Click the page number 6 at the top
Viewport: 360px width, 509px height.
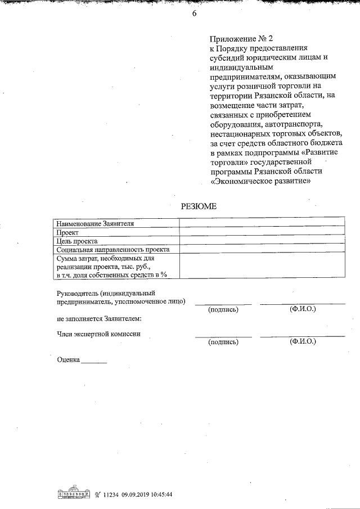pyautogui.click(x=193, y=15)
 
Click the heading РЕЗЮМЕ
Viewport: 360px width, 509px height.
pyautogui.click(x=198, y=206)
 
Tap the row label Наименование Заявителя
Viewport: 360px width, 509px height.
pyautogui.click(x=94, y=223)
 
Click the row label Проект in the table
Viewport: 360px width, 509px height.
pyautogui.click(x=67, y=232)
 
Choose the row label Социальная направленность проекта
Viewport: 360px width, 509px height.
pyautogui.click(x=112, y=249)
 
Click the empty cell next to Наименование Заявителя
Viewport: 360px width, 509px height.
pyautogui.click(x=262, y=223)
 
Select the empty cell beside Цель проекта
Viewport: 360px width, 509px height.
pyautogui.click(x=262, y=240)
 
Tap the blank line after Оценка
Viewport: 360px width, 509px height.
pyautogui.click(x=94, y=361)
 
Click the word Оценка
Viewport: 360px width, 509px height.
pyautogui.click(x=69, y=359)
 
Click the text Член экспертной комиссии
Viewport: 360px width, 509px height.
pyautogui.click(x=98, y=334)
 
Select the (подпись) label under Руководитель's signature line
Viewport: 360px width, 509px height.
pyautogui.click(x=223, y=310)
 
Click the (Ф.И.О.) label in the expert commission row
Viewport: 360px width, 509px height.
pyautogui.click(x=302, y=341)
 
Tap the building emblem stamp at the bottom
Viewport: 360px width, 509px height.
pyautogui.click(x=74, y=494)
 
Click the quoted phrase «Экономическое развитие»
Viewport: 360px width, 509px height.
pyautogui.click(x=260, y=182)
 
